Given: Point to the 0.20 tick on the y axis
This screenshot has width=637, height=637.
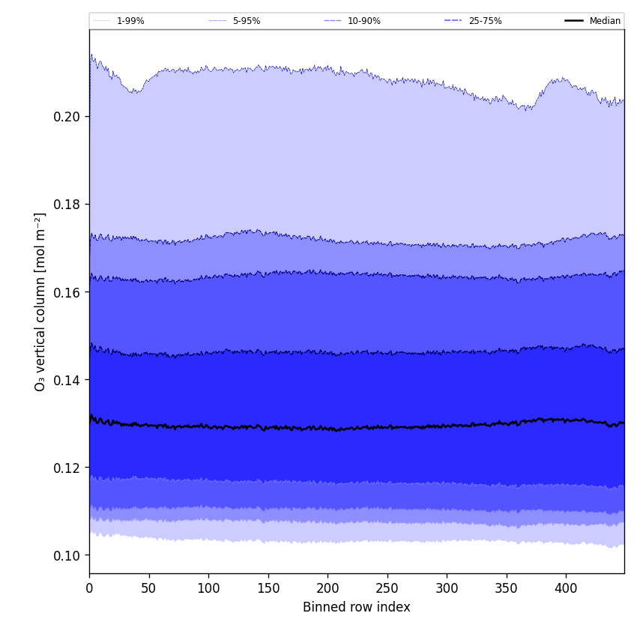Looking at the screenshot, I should [67, 117].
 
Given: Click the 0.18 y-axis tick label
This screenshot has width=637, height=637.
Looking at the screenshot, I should [67, 205].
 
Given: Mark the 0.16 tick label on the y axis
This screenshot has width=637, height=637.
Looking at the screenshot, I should [67, 292].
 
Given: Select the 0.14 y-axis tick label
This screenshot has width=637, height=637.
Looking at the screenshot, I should [67, 380].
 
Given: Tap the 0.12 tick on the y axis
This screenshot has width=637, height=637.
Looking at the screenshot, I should [67, 468].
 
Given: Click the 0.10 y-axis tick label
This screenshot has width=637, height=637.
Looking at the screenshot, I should [67, 555].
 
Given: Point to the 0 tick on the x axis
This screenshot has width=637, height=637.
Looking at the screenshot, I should [89, 588].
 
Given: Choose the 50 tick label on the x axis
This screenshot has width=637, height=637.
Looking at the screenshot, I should [148, 588].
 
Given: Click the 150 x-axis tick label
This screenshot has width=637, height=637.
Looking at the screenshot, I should [268, 588].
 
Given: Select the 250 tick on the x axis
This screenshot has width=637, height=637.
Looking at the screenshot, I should [387, 588].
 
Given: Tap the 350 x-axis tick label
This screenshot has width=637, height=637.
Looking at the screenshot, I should [506, 588].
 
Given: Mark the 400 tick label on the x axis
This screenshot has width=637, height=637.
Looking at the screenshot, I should [566, 588].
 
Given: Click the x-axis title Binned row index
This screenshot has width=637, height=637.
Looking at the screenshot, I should [356, 607].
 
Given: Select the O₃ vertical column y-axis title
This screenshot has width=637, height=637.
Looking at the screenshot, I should [40, 301].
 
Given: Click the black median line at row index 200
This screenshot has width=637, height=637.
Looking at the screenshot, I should [327, 429].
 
